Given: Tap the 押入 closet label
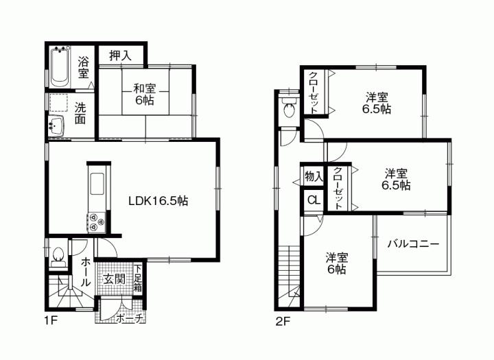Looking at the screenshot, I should tap(121, 55).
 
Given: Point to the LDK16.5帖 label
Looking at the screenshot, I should tap(158, 201).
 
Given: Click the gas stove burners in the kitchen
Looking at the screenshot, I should tap(94, 221).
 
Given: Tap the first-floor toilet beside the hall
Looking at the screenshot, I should tap(59, 254).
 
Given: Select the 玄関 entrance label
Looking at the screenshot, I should tap(113, 279).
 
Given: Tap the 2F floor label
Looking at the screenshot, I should tap(284, 321).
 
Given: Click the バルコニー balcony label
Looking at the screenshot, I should tap(412, 243).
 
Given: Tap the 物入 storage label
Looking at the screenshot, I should tap(313, 177).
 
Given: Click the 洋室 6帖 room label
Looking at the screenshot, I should tap(336, 263).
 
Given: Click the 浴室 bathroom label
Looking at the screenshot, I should tap(83, 66).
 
